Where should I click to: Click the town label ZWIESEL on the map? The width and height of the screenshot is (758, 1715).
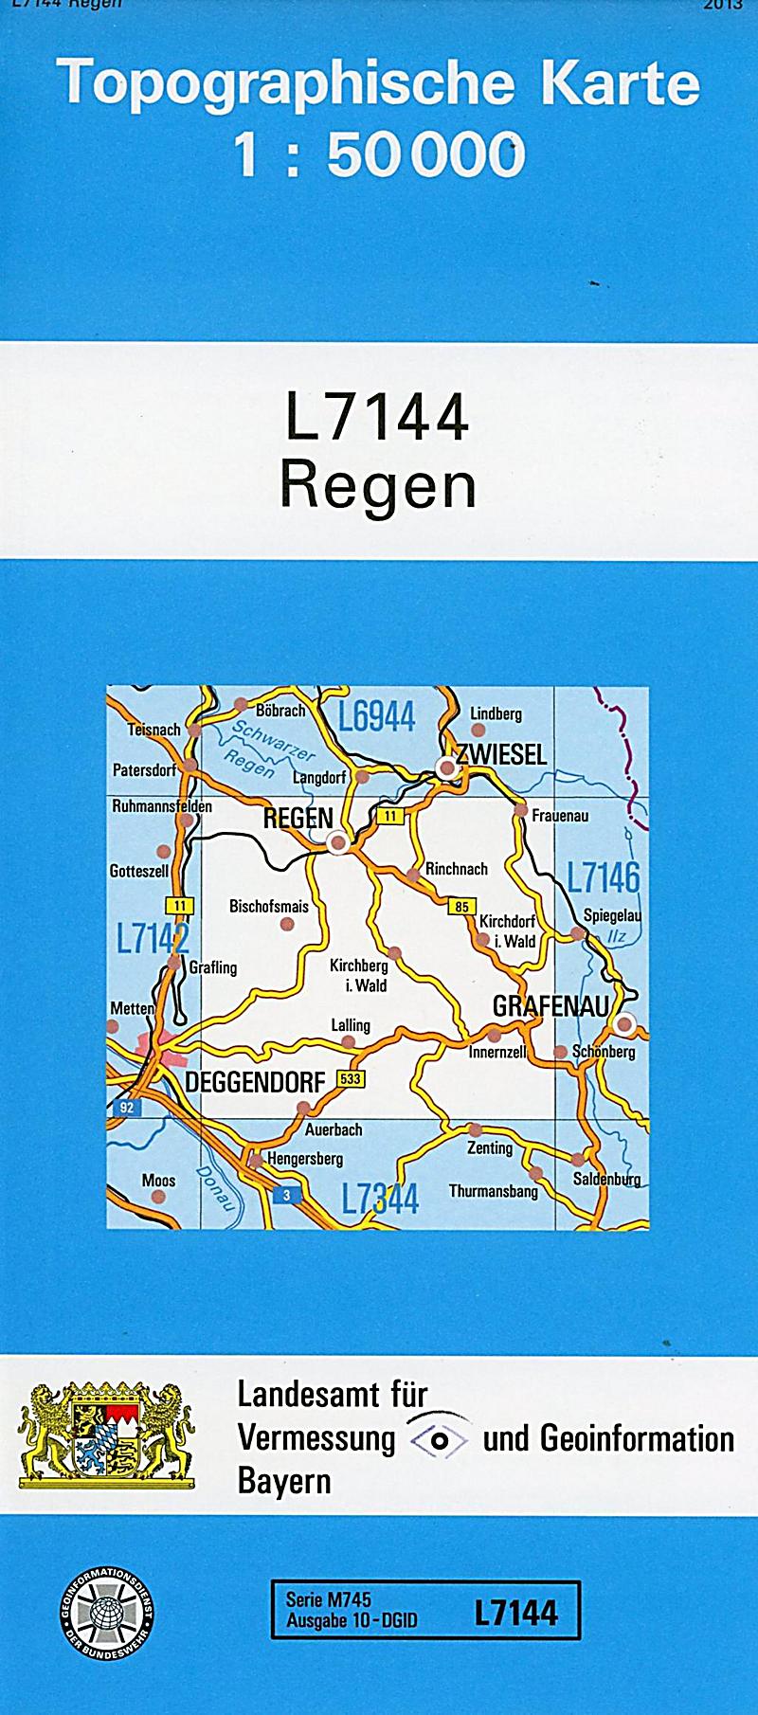pos(501,754)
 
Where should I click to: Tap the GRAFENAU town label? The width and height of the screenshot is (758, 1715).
pos(550,1006)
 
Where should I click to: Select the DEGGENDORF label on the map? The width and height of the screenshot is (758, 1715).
pos(255,1082)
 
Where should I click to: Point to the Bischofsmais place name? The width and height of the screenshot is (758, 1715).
pos(269,907)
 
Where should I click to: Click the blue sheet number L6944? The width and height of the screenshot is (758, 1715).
pos(377,718)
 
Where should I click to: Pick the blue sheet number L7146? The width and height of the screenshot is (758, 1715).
pos(604,877)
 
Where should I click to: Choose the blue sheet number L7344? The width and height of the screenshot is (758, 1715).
pos(380,1200)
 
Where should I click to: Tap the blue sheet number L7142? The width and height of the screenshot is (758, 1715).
pos(153,939)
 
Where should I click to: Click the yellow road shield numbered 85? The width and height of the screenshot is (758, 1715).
pos(461,907)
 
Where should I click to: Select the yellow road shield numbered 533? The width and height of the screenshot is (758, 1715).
pos(351,1079)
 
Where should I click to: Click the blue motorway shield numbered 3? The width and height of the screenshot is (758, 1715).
pos(286,1196)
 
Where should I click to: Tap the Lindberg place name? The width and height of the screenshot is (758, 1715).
pos(496,713)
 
